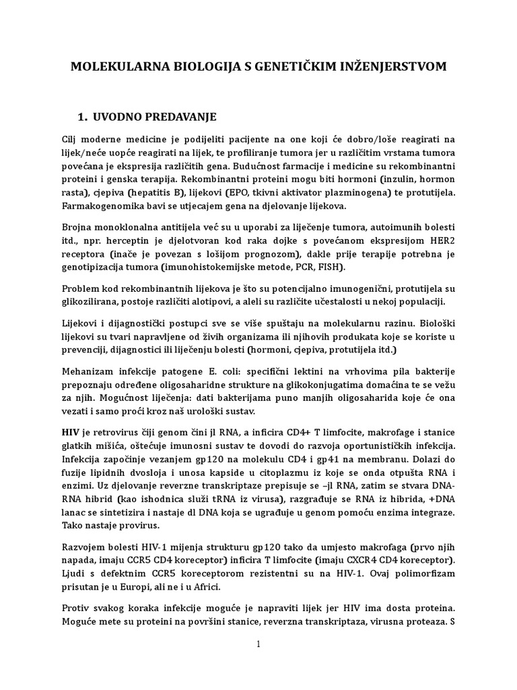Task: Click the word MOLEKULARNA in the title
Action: coord(110,67)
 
